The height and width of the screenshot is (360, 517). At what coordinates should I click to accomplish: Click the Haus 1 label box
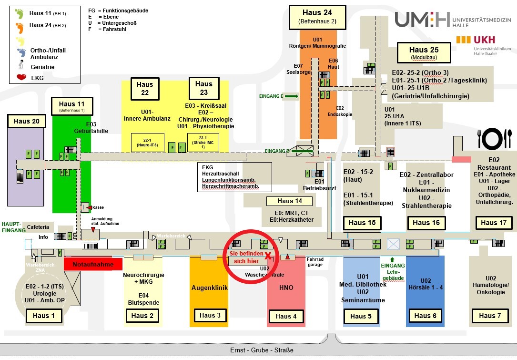pyautogui.click(x=43, y=315)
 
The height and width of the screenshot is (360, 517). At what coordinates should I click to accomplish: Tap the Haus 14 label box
pyautogui.click(x=289, y=201)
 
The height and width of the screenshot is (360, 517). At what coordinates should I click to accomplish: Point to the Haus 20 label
pyautogui.click(x=27, y=121)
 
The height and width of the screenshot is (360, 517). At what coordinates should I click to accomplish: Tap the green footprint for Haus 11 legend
pyautogui.click(x=20, y=13)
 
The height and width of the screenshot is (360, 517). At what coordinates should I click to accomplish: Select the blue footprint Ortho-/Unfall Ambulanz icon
pyautogui.click(x=21, y=52)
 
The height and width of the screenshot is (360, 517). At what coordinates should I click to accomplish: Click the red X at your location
pyautogui.click(x=268, y=256)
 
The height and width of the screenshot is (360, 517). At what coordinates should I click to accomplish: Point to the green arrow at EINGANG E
pyautogui.click(x=292, y=96)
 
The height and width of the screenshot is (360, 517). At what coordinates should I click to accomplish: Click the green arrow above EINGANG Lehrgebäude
pyautogui.click(x=392, y=259)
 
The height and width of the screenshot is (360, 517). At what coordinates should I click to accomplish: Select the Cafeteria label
pyautogui.click(x=38, y=227)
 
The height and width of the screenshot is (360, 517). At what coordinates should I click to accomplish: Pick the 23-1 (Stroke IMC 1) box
pyautogui.click(x=200, y=143)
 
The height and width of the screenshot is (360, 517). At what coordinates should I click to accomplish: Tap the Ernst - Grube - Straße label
pyautogui.click(x=262, y=350)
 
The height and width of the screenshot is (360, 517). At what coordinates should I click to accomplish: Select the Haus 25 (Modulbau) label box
pyautogui.click(x=424, y=52)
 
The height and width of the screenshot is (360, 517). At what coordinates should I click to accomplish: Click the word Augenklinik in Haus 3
pyautogui.click(x=209, y=288)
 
